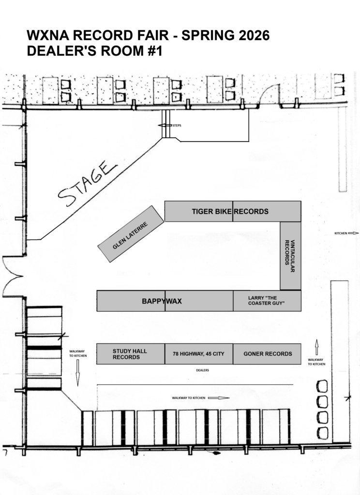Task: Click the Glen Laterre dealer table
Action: pos(131,234)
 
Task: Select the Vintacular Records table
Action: pos(290,256)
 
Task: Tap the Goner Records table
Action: pos(267,354)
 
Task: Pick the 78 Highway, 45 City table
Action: pos(199,354)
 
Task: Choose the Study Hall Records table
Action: pos(131,354)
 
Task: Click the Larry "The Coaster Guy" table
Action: pos(267,301)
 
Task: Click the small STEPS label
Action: pos(177,126)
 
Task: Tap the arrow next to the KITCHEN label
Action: pos(353,233)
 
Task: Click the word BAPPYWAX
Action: pos(162,301)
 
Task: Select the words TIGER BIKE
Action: pos(212,212)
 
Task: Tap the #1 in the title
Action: pos(155,51)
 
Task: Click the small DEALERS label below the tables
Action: pos(203,370)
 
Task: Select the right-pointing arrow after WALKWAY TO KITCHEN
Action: pos(219,398)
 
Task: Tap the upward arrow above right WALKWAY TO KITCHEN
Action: pos(317,347)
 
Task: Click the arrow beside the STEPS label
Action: pos(165,126)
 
